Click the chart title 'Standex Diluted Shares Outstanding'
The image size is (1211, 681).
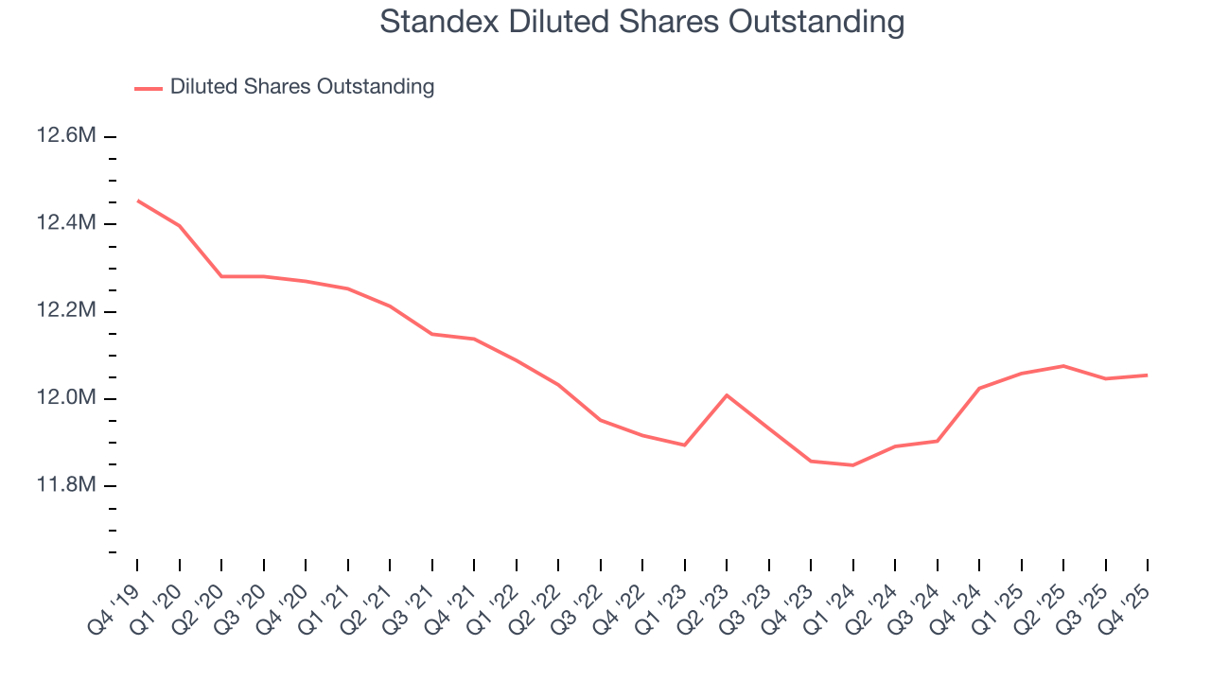(642, 22)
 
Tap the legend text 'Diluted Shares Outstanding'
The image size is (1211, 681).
(302, 87)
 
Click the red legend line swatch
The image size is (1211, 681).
(149, 88)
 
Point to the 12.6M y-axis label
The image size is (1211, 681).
(66, 136)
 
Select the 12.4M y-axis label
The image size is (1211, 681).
(66, 223)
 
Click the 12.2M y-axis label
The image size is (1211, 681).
(66, 311)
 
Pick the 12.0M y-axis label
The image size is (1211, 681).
(66, 398)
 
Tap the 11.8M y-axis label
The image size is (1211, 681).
(66, 485)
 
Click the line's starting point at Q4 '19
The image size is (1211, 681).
(137, 201)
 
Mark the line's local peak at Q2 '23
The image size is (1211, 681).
(727, 394)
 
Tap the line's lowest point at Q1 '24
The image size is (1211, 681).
(852, 465)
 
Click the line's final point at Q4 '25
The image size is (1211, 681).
(1148, 375)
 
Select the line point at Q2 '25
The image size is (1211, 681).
(1063, 366)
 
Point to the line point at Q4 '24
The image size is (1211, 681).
(979, 388)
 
